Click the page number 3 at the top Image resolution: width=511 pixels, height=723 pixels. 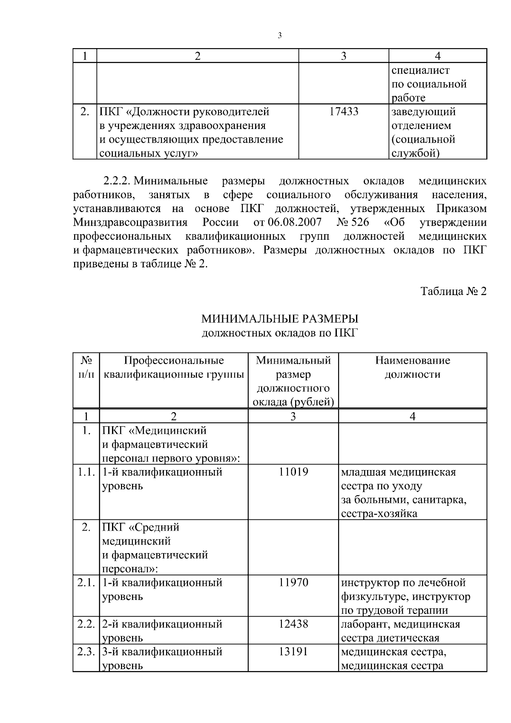tap(279, 36)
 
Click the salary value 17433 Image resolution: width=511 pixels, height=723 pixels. tap(344, 112)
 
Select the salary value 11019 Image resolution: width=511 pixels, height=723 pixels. tap(293, 472)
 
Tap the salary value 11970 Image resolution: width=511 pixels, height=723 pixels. tap(293, 582)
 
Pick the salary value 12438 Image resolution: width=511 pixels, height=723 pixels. tap(293, 624)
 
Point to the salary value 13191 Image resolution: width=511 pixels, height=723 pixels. tap(293, 651)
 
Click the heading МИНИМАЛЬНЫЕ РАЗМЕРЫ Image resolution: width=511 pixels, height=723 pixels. tap(280, 318)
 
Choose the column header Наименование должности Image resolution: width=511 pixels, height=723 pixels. tap(412, 367)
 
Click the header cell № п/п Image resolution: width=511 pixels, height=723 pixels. tap(86, 367)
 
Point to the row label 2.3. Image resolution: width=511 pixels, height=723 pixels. tap(86, 651)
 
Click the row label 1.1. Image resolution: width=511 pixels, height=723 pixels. tap(86, 472)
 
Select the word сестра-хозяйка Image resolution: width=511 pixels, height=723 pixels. tap(379, 513)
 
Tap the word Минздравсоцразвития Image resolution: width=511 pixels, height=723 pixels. tap(130, 222)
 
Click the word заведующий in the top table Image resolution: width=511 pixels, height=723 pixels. tap(423, 112)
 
